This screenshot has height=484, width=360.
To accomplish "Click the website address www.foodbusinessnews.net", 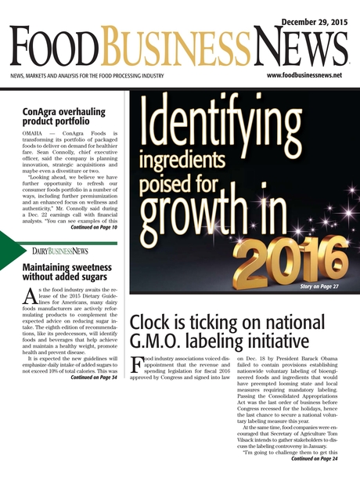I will click(304, 75).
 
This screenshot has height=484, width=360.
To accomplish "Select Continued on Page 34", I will click(93, 377).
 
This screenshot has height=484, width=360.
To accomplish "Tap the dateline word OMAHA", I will click(34, 134).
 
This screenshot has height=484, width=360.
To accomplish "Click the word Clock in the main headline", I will click(152, 321).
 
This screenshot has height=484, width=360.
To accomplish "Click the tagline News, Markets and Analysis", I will click(86, 76).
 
